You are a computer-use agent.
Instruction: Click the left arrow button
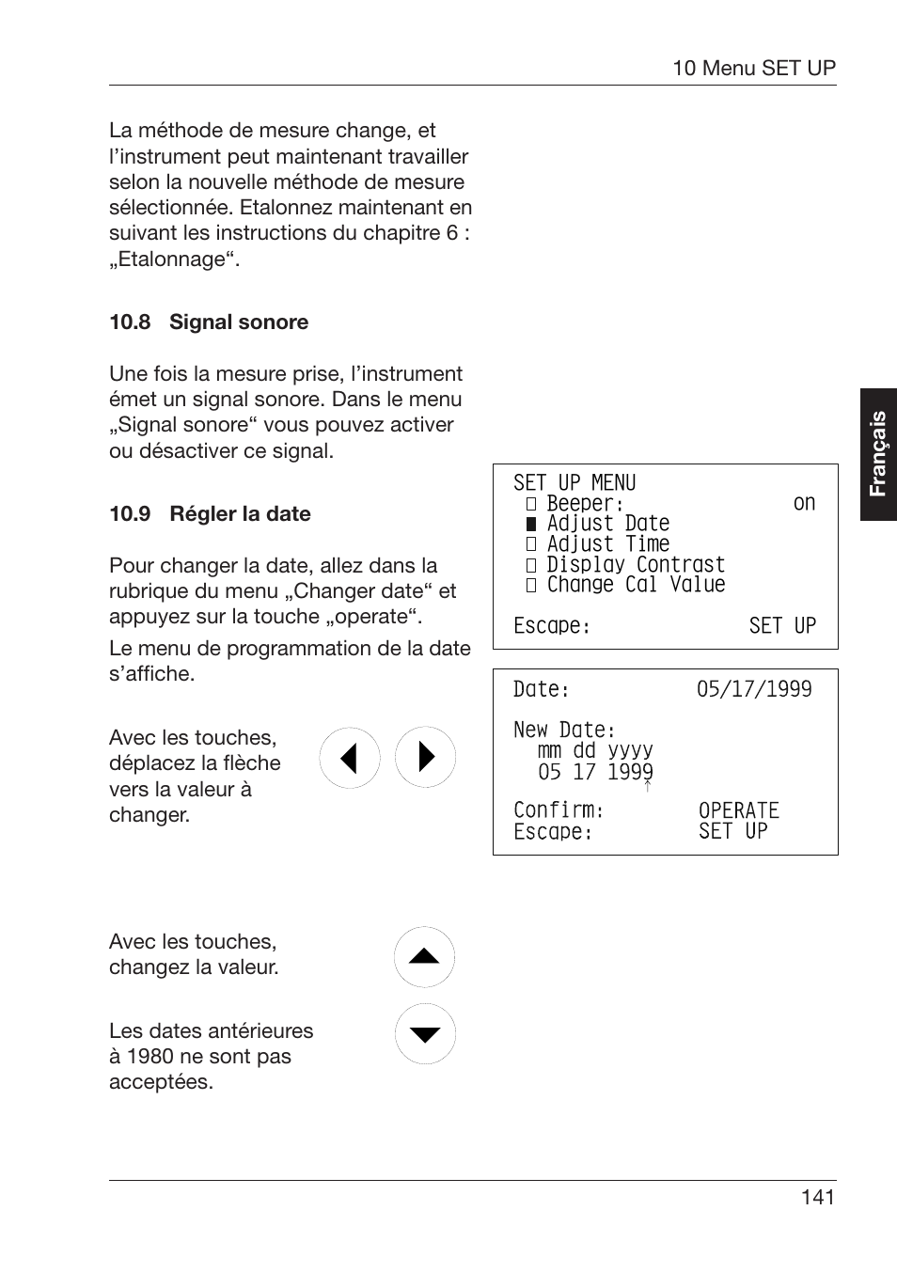350,758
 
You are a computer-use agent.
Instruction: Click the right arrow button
425,758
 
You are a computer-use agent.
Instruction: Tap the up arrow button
425,957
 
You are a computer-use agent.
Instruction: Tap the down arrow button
425,1034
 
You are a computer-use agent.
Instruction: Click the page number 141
817,1197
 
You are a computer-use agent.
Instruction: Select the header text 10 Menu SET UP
753,68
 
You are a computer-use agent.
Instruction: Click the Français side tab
878,454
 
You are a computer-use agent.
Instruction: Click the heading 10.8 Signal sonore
209,322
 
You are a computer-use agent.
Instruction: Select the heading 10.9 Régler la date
210,514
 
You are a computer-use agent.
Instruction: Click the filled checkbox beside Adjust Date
531,524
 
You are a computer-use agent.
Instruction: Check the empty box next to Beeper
531,504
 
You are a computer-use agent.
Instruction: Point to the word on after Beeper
804,503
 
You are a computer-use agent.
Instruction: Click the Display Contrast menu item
636,564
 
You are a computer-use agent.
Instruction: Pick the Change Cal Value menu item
636,585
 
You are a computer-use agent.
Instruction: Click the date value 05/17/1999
754,689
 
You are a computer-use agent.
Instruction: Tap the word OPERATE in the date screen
739,810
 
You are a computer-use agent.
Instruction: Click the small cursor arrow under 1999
648,786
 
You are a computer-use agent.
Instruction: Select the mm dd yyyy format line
595,750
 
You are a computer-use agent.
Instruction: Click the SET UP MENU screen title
574,483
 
